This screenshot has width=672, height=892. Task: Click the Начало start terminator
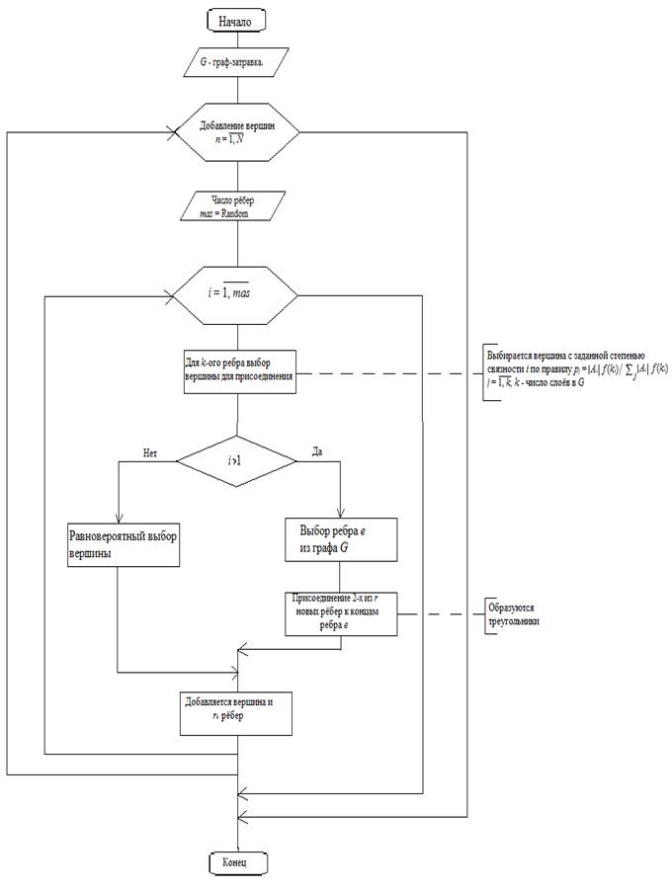pyautogui.click(x=236, y=20)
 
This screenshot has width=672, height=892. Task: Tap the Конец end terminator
pyautogui.click(x=237, y=862)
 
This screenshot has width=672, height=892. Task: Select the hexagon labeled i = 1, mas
pyautogui.click(x=235, y=293)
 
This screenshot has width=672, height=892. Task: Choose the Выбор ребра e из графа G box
pyautogui.click(x=341, y=539)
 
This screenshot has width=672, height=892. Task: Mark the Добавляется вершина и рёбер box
pyautogui.click(x=237, y=711)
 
